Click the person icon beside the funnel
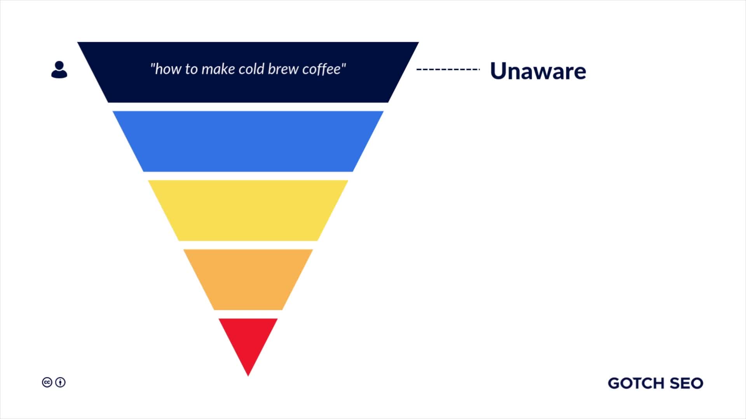click(59, 70)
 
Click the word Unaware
click(538, 71)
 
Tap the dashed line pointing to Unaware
click(448, 69)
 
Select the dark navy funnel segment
click(248, 89)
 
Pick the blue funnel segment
click(248, 141)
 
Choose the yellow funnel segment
click(248, 210)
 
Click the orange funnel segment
click(248, 279)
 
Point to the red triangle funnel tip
click(248, 338)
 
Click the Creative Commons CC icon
click(47, 383)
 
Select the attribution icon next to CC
click(60, 383)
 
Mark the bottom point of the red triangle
click(248, 375)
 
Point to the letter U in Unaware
click(498, 71)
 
